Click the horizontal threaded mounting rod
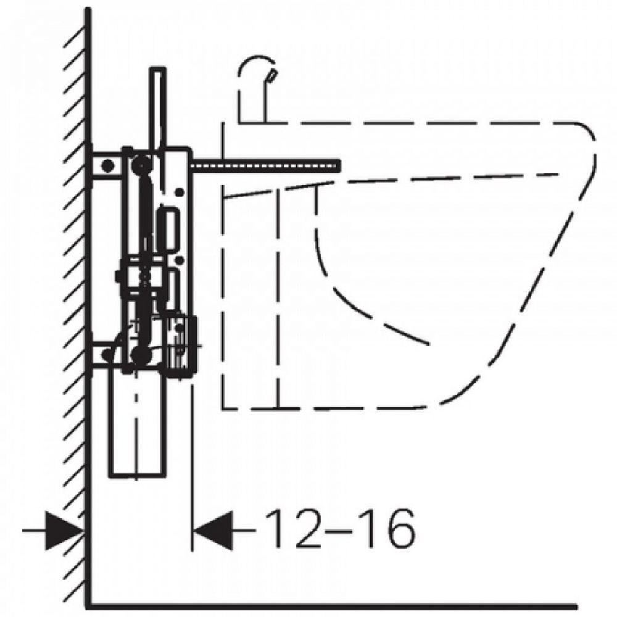[x=265, y=166]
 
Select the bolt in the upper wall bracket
[x=106, y=165]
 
